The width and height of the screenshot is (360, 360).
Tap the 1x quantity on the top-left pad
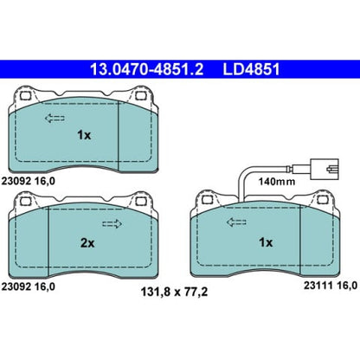click(x=83, y=134)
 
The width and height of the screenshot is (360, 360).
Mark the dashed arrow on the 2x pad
click(x=112, y=226)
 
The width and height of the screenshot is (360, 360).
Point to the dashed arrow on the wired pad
click(x=236, y=223)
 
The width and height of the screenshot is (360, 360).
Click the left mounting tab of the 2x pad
click(x=27, y=202)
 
